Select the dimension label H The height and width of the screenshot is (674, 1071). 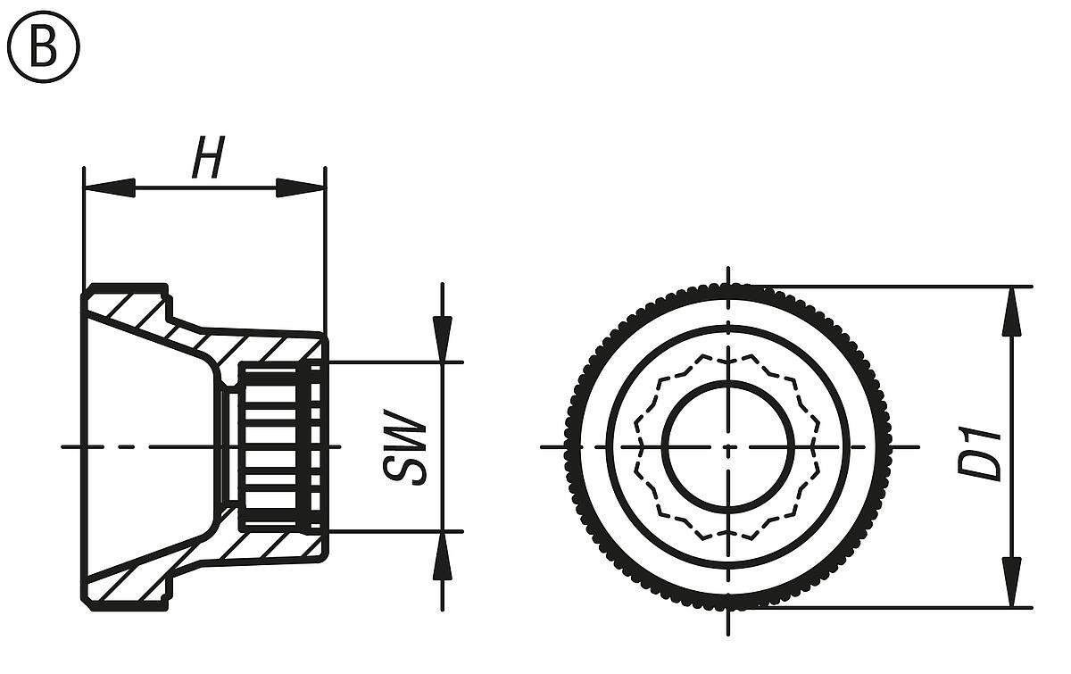point(207,162)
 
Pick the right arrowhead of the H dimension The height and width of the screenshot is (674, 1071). point(300,187)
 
